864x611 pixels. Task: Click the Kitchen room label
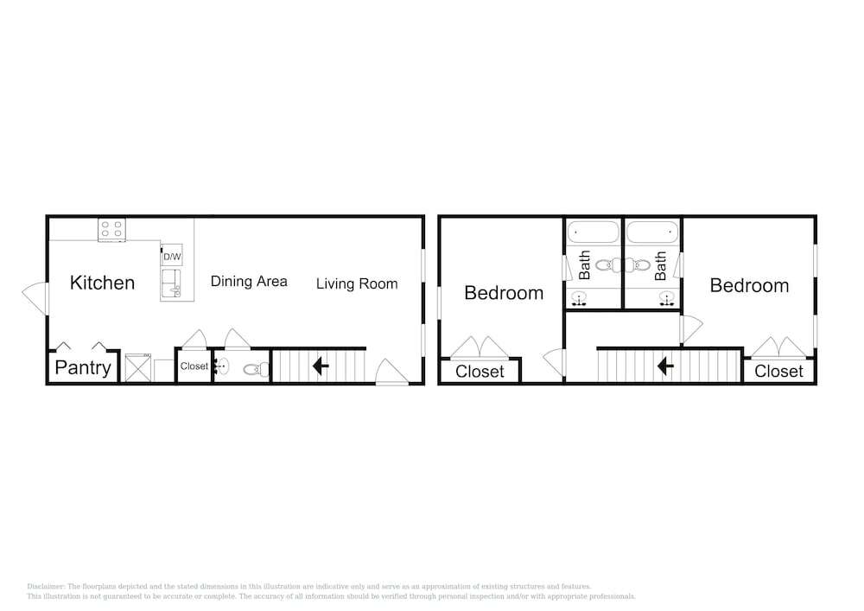point(102,283)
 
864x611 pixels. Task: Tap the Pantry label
point(83,367)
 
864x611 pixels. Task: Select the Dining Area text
point(249,281)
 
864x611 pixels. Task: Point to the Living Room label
point(357,283)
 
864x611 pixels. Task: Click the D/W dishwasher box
point(172,256)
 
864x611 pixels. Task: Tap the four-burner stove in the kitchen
point(111,230)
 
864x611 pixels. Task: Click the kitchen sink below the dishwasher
point(171,283)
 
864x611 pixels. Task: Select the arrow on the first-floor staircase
point(321,366)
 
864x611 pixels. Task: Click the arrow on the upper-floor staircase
point(665,366)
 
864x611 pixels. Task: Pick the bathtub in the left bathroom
point(593,232)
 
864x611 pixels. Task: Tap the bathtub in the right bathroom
point(651,232)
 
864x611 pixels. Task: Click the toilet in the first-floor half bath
point(257,369)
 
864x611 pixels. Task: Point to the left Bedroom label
point(504,293)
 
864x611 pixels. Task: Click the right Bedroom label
point(749,285)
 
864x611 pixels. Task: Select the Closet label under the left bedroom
point(480,372)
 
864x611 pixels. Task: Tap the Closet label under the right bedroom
point(778,372)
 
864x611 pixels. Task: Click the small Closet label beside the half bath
point(194,366)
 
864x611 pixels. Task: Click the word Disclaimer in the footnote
point(46,587)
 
